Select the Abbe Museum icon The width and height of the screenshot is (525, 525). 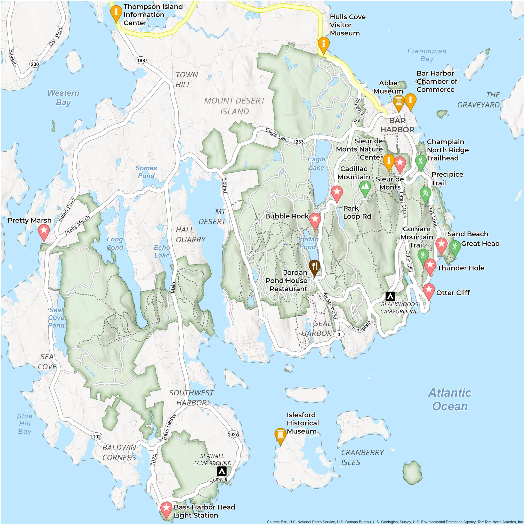click(398, 102)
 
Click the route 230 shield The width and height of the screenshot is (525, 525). click(35, 64)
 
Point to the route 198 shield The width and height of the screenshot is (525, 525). click(141, 60)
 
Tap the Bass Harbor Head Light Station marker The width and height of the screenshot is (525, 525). click(166, 508)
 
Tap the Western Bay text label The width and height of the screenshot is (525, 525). click(63, 98)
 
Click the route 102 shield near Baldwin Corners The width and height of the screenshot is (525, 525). click(96, 437)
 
